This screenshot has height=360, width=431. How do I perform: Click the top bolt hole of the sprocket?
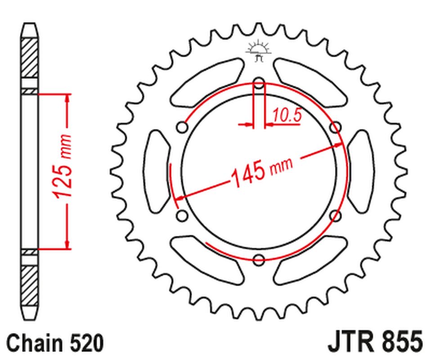pyautogui.click(x=259, y=83)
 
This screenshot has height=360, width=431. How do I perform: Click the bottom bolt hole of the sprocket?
pyautogui.click(x=259, y=259)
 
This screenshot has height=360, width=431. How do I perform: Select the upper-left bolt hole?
pyautogui.click(x=182, y=128)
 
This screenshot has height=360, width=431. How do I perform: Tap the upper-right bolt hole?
pyautogui.click(x=335, y=128)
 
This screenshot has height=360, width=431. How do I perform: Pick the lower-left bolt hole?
pyautogui.click(x=182, y=216)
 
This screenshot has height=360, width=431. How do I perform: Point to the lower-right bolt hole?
pyautogui.click(x=335, y=216)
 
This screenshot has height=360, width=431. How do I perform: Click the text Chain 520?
pyautogui.click(x=55, y=343)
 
